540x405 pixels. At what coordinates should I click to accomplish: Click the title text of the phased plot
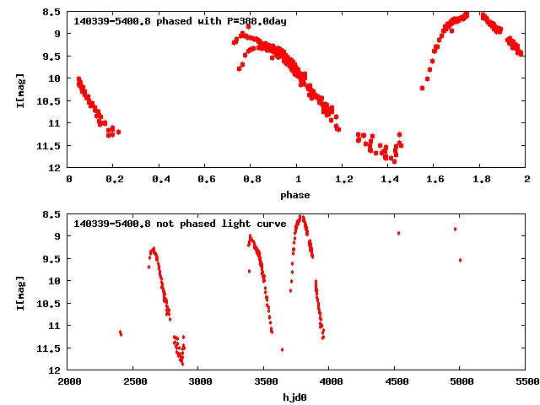coord(180,21)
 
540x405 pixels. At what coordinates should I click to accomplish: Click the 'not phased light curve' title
coord(180,224)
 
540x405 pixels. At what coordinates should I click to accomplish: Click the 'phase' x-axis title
coord(295,195)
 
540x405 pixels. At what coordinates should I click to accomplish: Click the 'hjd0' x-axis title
coord(295,397)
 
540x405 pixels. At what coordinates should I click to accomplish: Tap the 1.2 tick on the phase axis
coord(343,179)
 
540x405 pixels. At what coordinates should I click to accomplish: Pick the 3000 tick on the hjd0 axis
coord(199,381)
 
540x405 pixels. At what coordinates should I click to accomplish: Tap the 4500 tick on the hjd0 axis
coord(395,381)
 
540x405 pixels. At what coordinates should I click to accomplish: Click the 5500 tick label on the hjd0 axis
coord(526,381)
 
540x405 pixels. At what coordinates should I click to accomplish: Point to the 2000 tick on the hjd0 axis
coord(69,381)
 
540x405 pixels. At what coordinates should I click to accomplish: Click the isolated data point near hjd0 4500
coord(398,233)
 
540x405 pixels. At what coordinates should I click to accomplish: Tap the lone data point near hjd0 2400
coord(121,333)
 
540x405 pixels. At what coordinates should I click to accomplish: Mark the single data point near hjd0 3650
coord(282,349)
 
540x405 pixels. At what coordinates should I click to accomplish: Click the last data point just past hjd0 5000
coord(460,260)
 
